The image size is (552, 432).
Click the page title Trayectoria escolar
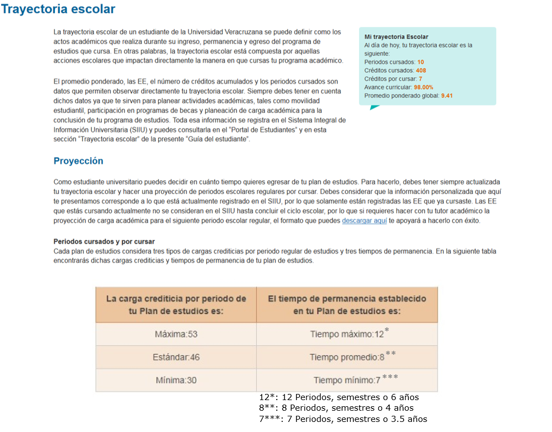point(58,10)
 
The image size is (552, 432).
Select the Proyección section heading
point(78,161)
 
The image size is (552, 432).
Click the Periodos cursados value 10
point(421,62)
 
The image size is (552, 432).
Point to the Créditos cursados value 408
point(421,71)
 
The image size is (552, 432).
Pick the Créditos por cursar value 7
point(420,79)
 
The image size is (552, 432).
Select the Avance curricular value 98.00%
point(423,87)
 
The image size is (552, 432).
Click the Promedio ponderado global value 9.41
point(446,96)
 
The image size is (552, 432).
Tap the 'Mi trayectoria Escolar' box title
point(396,37)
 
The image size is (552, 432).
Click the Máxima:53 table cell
point(176,334)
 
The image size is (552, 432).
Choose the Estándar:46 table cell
point(176,357)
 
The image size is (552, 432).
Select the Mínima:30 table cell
point(176,380)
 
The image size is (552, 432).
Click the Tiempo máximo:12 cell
point(347,334)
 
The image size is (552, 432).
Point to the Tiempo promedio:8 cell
point(347,357)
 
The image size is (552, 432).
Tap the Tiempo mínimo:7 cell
point(347,380)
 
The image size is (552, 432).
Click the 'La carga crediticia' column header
point(176,304)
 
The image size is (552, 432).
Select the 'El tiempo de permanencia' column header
point(347,304)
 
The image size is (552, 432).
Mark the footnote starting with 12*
point(338,397)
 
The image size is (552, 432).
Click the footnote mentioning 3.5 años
point(342,419)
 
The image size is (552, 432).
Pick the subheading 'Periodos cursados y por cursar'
point(104,242)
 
